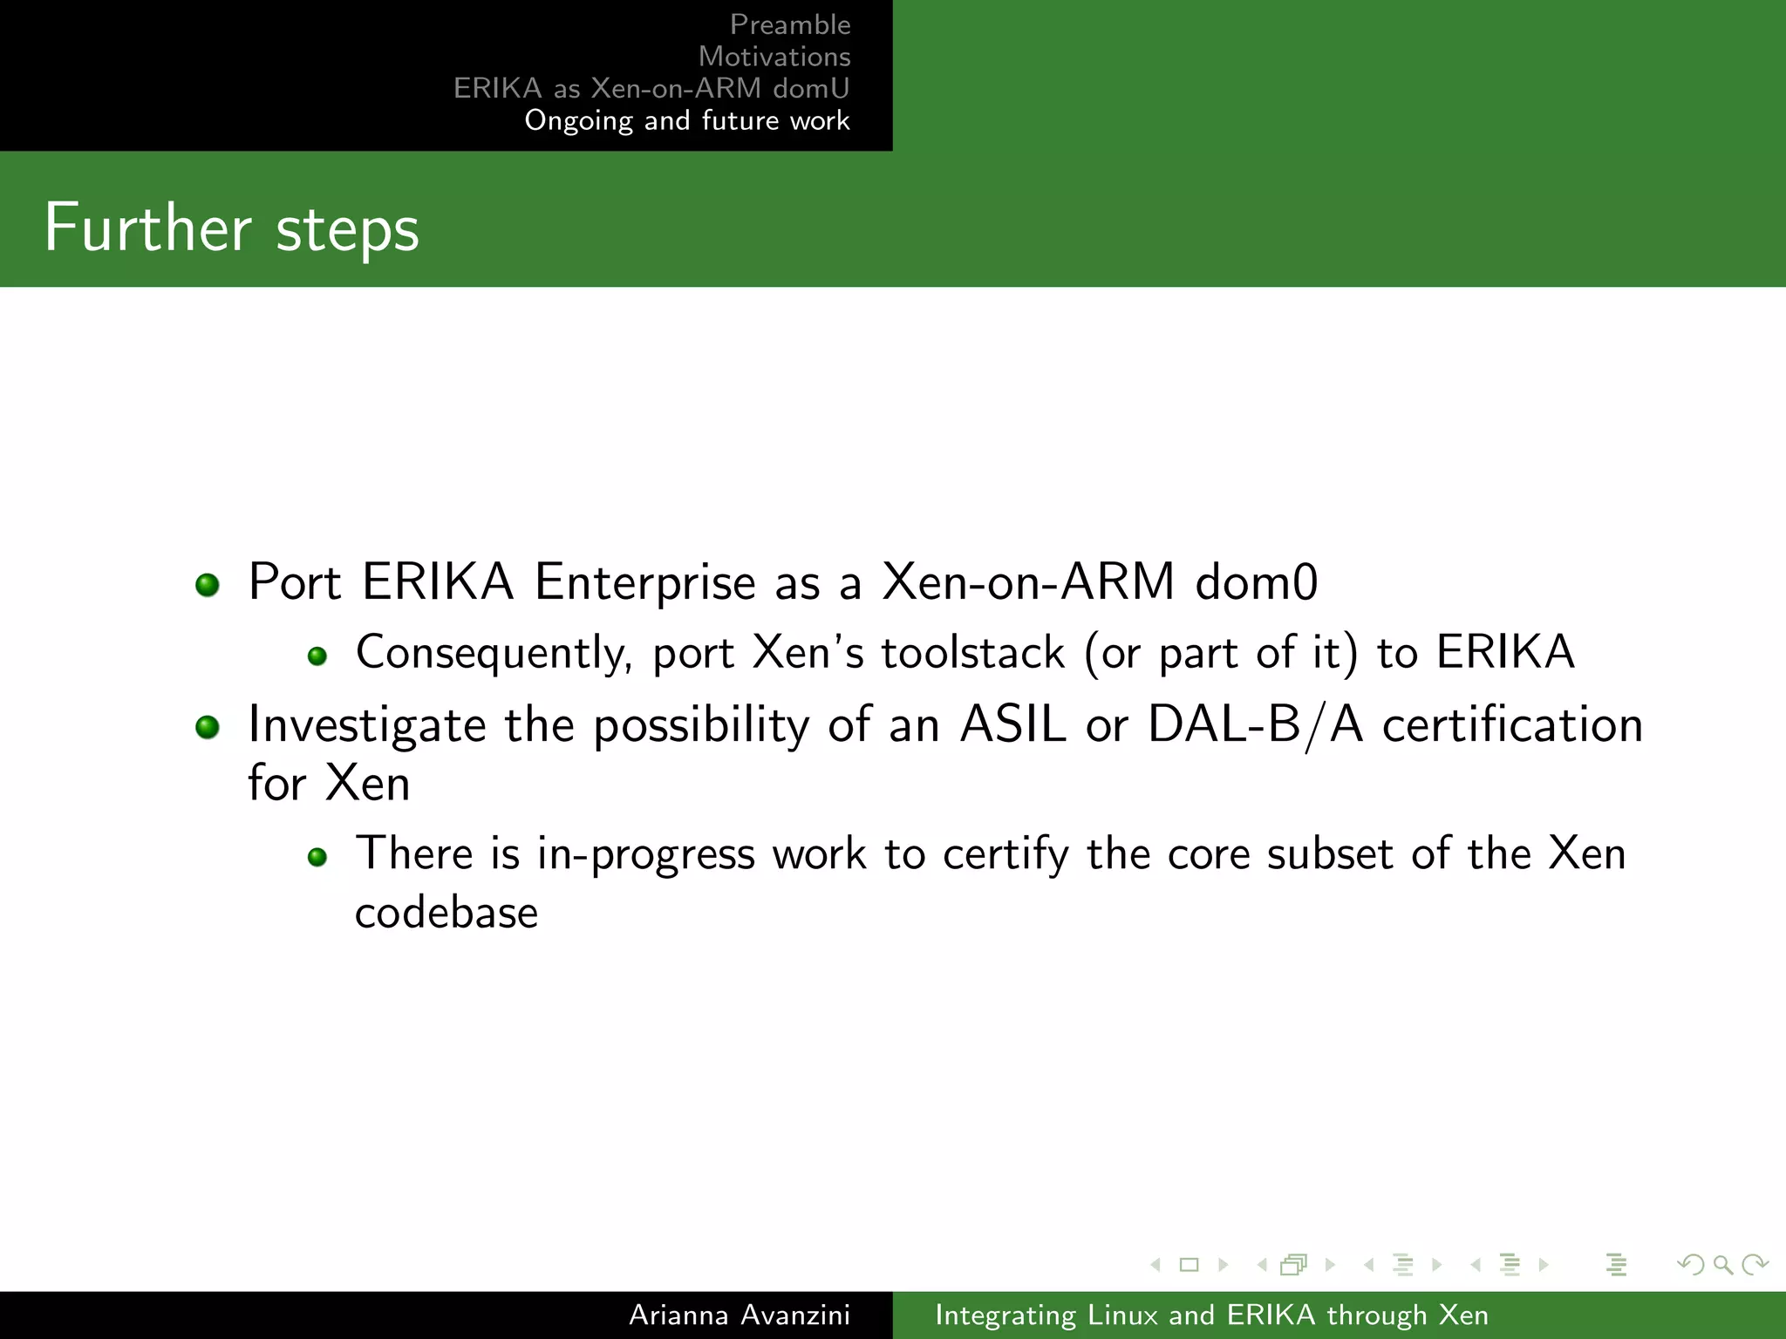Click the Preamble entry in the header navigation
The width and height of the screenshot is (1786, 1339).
click(789, 24)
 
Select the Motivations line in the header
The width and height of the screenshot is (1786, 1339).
click(774, 57)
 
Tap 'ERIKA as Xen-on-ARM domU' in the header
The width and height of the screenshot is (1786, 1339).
click(651, 88)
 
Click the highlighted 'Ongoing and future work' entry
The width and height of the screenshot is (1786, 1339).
click(686, 120)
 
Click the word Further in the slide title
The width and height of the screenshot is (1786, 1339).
click(147, 228)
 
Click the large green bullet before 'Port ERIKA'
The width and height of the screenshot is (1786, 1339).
click(208, 584)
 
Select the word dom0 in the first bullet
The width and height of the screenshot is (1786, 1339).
click(1256, 582)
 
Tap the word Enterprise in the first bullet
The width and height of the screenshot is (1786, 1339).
click(644, 582)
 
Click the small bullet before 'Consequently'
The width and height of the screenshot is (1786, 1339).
click(317, 656)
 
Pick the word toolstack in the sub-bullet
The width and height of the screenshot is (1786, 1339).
click(972, 653)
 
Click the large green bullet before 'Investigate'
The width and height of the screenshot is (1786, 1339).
click(208, 726)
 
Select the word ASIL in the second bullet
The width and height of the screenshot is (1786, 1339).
click(1012, 724)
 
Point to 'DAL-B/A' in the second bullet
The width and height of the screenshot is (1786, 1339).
click(1255, 724)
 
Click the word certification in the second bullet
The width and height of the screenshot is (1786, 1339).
click(1512, 724)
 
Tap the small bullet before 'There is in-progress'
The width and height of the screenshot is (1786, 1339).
click(317, 857)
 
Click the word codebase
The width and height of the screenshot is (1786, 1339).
click(446, 913)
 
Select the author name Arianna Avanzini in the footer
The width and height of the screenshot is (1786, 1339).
click(739, 1315)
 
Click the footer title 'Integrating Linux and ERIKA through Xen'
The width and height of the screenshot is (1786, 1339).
click(1211, 1315)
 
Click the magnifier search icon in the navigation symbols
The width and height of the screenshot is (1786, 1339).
click(1722, 1264)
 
